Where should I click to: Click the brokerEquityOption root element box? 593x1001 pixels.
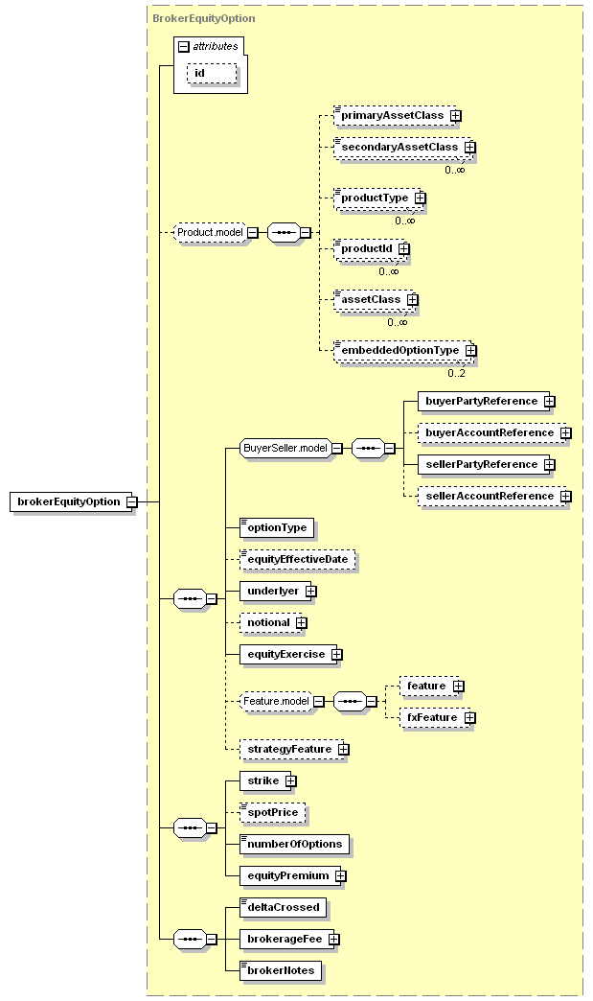pyautogui.click(x=71, y=501)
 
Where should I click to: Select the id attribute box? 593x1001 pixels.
pyautogui.click(x=212, y=74)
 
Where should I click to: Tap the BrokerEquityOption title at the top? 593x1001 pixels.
pyautogui.click(x=203, y=18)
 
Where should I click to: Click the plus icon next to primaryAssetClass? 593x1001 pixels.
pyautogui.click(x=455, y=116)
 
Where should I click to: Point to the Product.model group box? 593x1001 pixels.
pyautogui.click(x=210, y=232)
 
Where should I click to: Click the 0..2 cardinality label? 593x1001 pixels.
pyautogui.click(x=456, y=373)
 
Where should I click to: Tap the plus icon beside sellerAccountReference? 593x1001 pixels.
pyautogui.click(x=565, y=496)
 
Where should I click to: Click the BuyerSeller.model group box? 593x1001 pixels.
pyautogui.click(x=285, y=448)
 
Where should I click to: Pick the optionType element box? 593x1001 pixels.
pyautogui.click(x=277, y=528)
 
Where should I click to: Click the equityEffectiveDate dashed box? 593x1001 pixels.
pyautogui.click(x=297, y=559)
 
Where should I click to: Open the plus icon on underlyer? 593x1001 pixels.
pyautogui.click(x=310, y=592)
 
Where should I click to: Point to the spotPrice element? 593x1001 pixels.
pyautogui.click(x=272, y=813)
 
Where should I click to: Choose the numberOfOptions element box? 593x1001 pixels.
pyautogui.click(x=294, y=844)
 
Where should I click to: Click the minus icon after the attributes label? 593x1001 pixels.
pyautogui.click(x=184, y=47)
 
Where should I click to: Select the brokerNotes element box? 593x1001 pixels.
pyautogui.click(x=281, y=970)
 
